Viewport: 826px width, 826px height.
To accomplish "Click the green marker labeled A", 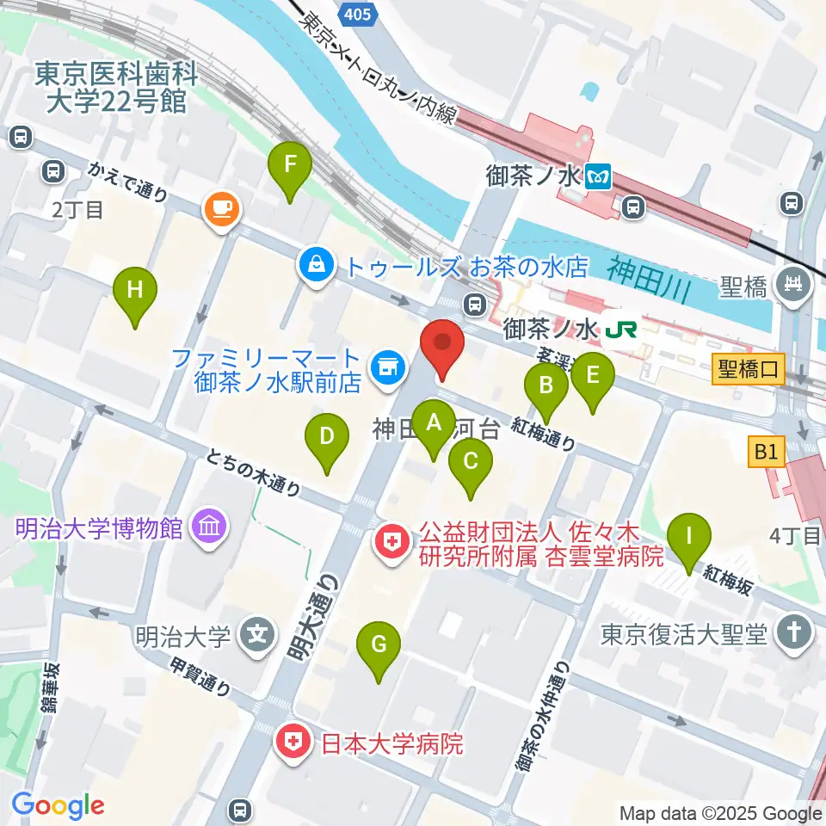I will tap(434, 423).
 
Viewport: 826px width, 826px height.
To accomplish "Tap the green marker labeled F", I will tap(289, 163).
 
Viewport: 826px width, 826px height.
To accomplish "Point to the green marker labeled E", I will tap(592, 376).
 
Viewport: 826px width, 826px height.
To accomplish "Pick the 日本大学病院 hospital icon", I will tap(293, 743).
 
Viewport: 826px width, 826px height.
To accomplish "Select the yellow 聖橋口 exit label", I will tap(748, 372).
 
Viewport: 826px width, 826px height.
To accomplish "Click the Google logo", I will tap(59, 805).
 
